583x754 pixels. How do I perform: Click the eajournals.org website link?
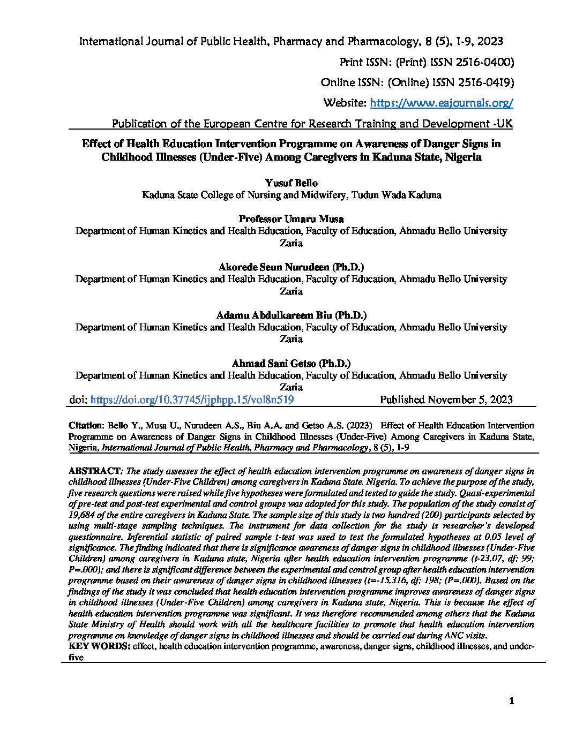click(x=442, y=103)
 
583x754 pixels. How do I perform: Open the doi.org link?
click(x=192, y=399)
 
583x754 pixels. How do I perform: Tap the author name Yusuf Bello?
click(x=291, y=183)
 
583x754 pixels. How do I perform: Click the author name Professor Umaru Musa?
click(x=291, y=219)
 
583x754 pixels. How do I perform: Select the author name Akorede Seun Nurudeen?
click(x=291, y=267)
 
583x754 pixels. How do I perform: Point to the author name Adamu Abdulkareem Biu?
click(x=291, y=315)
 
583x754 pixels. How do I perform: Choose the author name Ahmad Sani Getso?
click(x=291, y=363)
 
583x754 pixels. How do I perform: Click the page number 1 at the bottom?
click(x=511, y=702)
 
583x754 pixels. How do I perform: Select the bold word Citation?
click(x=85, y=425)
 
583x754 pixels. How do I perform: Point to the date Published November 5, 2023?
click(x=446, y=399)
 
